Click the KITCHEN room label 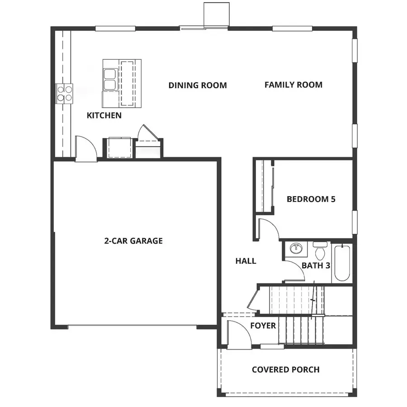(x=104, y=115)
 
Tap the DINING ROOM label (x=198, y=85)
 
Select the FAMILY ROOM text (x=293, y=85)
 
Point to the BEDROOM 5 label (x=311, y=199)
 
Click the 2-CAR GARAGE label (x=133, y=241)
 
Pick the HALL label (x=246, y=261)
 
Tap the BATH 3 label (x=315, y=265)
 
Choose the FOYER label (x=263, y=326)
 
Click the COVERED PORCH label (x=285, y=369)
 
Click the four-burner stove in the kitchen (x=64, y=93)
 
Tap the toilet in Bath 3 (x=320, y=251)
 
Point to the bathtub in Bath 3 (x=341, y=263)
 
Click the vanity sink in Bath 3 (x=296, y=249)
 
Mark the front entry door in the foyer (x=237, y=335)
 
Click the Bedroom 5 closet (x=263, y=185)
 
